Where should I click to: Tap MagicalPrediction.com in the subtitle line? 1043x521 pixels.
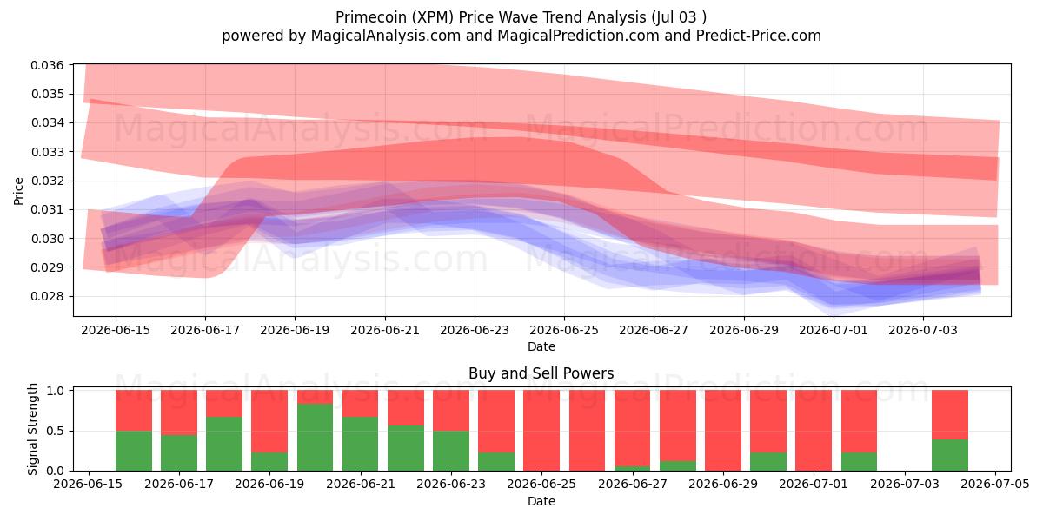point(578,36)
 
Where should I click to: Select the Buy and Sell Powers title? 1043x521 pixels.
point(541,373)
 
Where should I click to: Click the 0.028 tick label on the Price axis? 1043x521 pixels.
point(47,296)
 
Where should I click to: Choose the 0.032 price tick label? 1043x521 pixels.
point(47,181)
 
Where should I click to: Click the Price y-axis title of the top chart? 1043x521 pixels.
point(18,191)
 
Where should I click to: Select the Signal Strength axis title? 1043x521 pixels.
point(32,429)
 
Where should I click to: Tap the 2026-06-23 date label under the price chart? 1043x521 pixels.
point(475,330)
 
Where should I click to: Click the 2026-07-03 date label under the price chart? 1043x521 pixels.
point(923,330)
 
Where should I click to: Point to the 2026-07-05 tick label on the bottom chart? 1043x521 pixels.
point(995,485)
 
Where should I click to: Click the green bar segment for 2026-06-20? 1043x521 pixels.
point(316,438)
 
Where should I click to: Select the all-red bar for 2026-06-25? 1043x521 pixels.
point(541,431)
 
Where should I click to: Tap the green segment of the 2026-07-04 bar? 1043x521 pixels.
point(950,455)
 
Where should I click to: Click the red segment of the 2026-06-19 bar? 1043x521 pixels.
point(269,421)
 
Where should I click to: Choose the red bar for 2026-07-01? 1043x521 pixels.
point(814,431)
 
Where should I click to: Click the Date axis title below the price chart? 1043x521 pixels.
point(541,346)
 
